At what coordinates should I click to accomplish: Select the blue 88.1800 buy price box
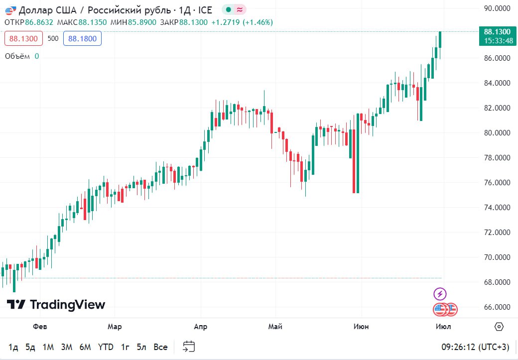82,38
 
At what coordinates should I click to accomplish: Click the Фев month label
40,327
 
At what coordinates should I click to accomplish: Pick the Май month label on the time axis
275,327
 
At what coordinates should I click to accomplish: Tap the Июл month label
443,327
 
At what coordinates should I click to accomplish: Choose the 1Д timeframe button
13,347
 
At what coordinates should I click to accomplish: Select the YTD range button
105,347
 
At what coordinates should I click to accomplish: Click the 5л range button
142,347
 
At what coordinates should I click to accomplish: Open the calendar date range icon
189,347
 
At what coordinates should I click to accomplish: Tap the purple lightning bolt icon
440,294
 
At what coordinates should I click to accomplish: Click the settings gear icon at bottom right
499,327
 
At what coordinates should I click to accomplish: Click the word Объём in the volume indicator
17,56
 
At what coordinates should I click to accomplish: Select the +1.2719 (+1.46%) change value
242,22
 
